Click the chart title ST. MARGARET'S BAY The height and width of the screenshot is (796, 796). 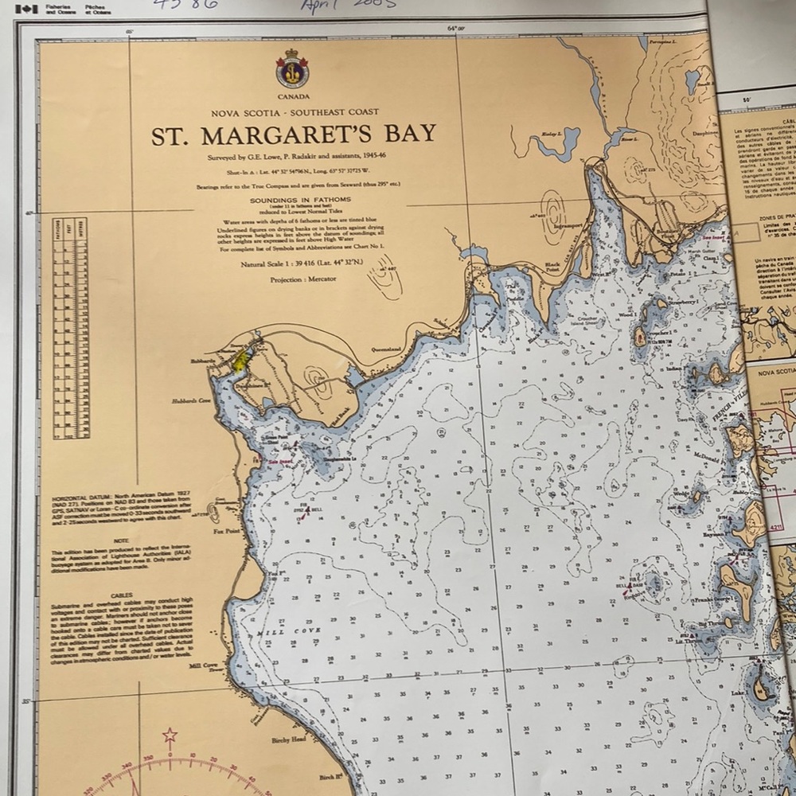pyautogui.click(x=294, y=134)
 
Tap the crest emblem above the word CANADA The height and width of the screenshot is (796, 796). pyautogui.click(x=292, y=69)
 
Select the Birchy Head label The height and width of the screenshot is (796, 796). pyautogui.click(x=289, y=739)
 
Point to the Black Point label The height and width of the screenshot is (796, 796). pyautogui.click(x=552, y=268)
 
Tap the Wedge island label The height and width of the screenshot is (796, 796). pyautogui.click(x=681, y=494)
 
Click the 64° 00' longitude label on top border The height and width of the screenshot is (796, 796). pyautogui.click(x=455, y=29)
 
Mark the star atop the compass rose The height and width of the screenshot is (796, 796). pyautogui.click(x=170, y=735)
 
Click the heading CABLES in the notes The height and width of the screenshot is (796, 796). pyautogui.click(x=122, y=594)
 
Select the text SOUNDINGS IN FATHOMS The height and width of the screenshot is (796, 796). pyautogui.click(x=293, y=201)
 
